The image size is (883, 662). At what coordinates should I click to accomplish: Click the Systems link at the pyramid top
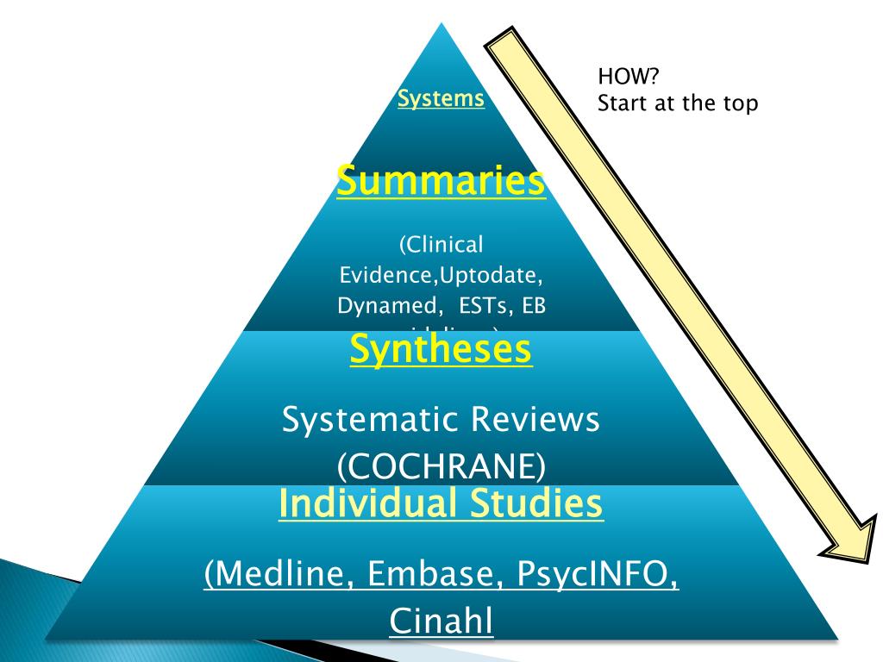[x=441, y=98]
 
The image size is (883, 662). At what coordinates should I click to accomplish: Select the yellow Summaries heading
[x=441, y=182]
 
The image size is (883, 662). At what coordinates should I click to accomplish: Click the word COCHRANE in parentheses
[x=441, y=465]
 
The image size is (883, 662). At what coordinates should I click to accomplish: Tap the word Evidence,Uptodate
[x=441, y=275]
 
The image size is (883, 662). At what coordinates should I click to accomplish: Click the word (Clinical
[x=441, y=245]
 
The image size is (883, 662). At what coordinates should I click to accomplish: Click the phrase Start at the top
[x=677, y=103]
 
